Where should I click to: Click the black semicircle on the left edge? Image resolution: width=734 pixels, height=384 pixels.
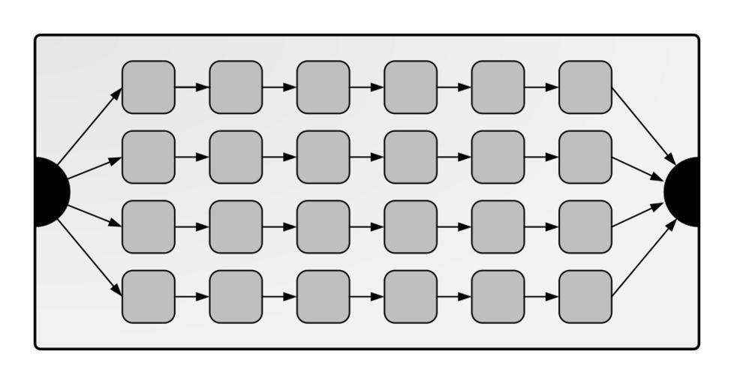(x=51, y=192)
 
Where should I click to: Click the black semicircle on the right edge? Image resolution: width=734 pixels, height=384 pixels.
(x=684, y=192)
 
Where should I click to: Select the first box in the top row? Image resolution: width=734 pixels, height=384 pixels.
(x=149, y=87)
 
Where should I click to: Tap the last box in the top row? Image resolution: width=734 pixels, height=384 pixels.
(x=585, y=87)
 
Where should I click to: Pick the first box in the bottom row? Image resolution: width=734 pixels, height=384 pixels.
(x=149, y=297)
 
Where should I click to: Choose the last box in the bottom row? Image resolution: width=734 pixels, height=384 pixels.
(x=585, y=297)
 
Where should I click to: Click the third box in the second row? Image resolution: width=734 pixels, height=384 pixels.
(x=323, y=157)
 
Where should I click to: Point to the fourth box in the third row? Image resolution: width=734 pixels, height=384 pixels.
(x=411, y=226)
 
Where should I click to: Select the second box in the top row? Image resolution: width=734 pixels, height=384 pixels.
(x=236, y=87)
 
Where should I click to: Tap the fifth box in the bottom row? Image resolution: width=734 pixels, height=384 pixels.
(x=498, y=297)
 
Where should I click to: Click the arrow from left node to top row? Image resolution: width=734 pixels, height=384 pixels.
(x=89, y=127)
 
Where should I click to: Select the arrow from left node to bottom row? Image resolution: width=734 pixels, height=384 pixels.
(x=89, y=257)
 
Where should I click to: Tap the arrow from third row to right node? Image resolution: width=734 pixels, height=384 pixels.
(x=639, y=215)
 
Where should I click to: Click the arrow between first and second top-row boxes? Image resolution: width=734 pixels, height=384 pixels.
(x=192, y=87)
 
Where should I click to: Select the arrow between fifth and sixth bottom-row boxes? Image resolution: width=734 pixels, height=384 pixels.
(x=542, y=297)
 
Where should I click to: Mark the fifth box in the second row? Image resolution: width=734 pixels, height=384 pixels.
(x=498, y=157)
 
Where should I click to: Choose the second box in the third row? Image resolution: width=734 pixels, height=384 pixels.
(x=236, y=226)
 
